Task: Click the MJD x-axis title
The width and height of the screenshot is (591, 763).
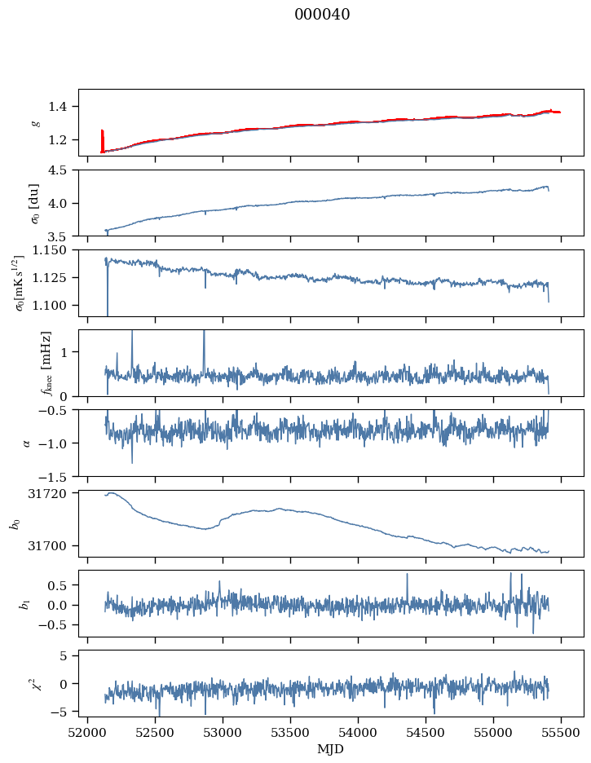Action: click(x=331, y=749)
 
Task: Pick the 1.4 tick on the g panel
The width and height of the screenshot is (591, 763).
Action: click(x=63, y=107)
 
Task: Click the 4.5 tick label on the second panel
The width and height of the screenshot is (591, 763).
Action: click(x=63, y=170)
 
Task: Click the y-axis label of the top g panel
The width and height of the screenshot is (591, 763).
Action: click(x=35, y=123)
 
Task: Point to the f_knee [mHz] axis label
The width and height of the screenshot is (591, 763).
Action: click(x=46, y=363)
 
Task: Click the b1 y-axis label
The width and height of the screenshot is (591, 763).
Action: click(x=24, y=603)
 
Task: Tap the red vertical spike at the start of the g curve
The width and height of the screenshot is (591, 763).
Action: click(x=102, y=139)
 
